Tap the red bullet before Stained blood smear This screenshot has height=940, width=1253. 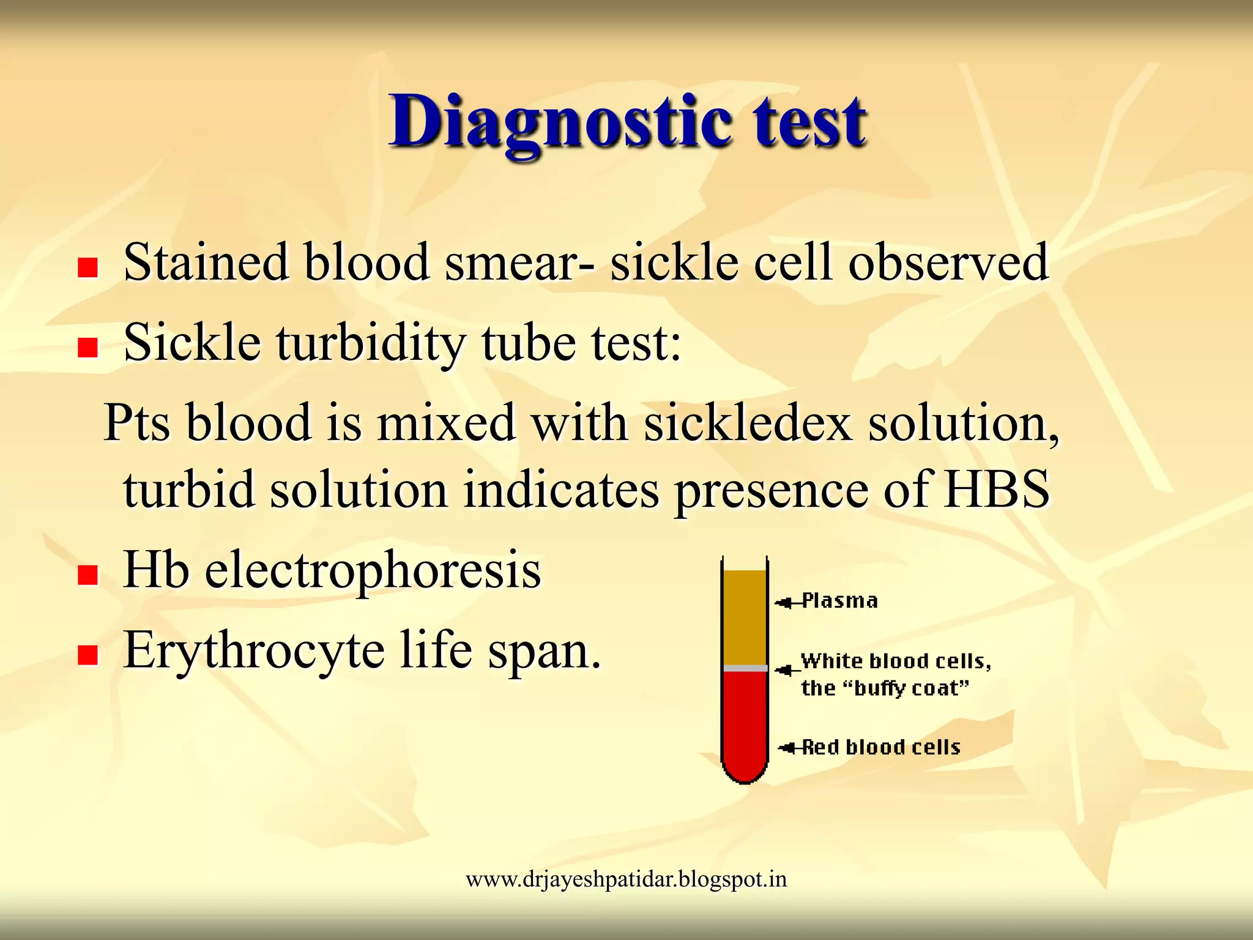click(88, 267)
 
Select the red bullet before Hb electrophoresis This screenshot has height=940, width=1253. click(88, 575)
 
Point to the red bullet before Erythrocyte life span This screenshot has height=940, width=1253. click(88, 655)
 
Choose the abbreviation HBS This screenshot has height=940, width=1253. click(996, 490)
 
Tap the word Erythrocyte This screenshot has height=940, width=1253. click(254, 650)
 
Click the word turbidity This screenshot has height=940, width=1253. click(371, 343)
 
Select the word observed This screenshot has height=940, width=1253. click(948, 262)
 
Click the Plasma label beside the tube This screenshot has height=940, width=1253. click(839, 601)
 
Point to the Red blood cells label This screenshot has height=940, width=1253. click(881, 747)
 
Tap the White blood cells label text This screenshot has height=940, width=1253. click(896, 662)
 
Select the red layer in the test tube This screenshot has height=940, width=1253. click(745, 722)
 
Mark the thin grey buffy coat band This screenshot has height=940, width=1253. click(745, 668)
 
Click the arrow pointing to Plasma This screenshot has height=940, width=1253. click(786, 603)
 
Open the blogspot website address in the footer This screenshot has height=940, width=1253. click(626, 879)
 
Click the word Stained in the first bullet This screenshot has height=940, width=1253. click(206, 262)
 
